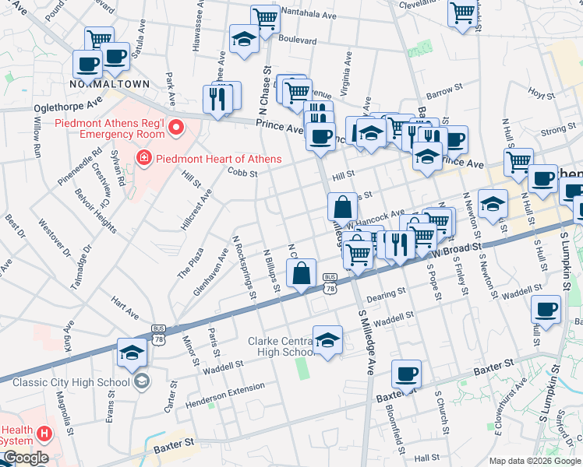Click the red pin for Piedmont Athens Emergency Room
(177, 126)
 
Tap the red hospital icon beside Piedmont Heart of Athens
(143, 160)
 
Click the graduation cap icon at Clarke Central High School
(328, 339)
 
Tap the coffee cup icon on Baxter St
(406, 374)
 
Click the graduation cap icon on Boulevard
(244, 40)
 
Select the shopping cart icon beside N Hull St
(518, 163)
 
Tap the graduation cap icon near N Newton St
(493, 204)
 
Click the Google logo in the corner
(25, 458)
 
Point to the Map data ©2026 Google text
(534, 461)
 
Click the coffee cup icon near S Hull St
(546, 309)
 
